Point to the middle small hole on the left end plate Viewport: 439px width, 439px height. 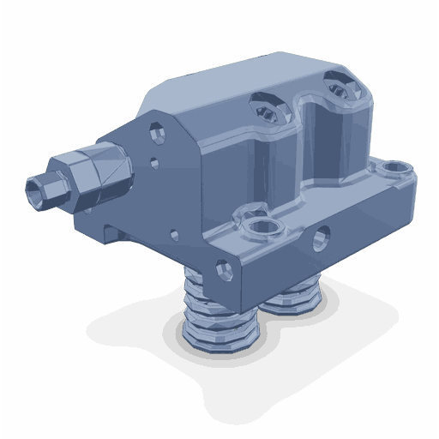(154, 160)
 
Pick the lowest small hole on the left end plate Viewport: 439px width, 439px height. (175, 232)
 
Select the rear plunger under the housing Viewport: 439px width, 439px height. (292, 296)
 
